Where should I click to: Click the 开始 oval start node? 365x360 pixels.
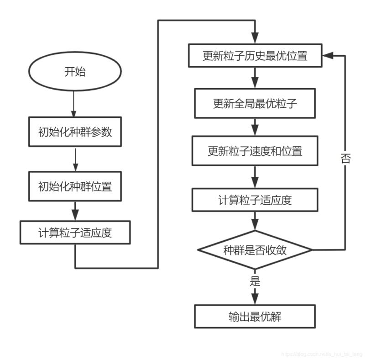click(x=75, y=72)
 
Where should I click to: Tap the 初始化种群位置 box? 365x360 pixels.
click(x=75, y=186)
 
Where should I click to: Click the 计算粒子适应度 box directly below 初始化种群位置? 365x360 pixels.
click(x=75, y=233)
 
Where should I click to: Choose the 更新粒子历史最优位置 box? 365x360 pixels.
click(x=255, y=56)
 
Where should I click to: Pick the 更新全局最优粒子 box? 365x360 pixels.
click(x=255, y=103)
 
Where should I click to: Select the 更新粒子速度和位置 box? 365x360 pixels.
click(x=255, y=151)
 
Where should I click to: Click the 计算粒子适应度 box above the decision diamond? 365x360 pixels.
click(x=255, y=200)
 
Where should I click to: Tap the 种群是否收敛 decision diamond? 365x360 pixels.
click(x=255, y=250)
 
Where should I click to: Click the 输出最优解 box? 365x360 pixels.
click(x=255, y=317)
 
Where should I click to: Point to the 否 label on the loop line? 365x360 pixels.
click(x=345, y=159)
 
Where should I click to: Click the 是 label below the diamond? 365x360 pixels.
click(x=255, y=281)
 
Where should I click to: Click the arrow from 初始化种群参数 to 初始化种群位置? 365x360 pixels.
click(x=75, y=159)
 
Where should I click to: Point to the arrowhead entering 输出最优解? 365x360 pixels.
click(x=255, y=300)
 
